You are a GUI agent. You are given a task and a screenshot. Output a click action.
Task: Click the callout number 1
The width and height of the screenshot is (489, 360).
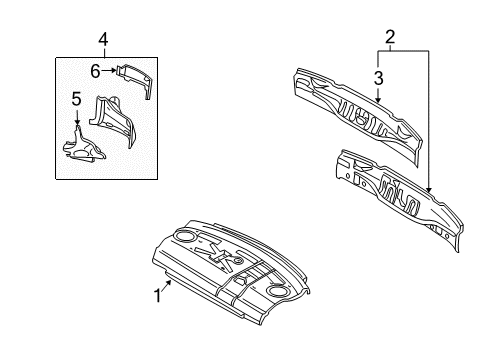[x=158, y=296]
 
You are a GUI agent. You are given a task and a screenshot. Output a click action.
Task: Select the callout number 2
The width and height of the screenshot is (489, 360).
[x=390, y=37]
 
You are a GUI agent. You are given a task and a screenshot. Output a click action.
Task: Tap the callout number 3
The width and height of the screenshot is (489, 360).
[x=378, y=78]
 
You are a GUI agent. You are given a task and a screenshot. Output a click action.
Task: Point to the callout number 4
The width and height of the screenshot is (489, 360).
[x=103, y=40]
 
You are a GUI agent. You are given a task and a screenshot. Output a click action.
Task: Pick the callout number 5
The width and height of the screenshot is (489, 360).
[x=77, y=99]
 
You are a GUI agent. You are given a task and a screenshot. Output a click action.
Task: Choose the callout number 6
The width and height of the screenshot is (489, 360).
[x=95, y=71]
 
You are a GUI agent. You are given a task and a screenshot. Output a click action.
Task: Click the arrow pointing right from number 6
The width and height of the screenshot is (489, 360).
[x=109, y=70]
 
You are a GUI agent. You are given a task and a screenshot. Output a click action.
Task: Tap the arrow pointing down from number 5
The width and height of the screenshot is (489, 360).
[x=77, y=117]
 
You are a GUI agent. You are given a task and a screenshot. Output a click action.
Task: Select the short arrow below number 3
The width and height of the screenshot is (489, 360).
[x=378, y=95]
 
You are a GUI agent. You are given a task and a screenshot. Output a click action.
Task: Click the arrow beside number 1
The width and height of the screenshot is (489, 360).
[x=167, y=285]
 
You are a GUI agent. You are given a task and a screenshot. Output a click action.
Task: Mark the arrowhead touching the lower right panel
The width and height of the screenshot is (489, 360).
[x=429, y=190]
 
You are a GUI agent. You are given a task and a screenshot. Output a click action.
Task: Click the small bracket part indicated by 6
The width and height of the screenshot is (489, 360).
[x=134, y=79]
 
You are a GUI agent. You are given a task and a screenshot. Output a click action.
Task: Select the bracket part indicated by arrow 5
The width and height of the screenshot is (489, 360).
[x=83, y=147]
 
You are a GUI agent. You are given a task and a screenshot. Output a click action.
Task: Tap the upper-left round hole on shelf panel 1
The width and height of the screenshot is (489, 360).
[x=185, y=236]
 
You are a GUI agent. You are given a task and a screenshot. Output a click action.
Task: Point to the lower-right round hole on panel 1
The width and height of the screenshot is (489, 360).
[x=278, y=291]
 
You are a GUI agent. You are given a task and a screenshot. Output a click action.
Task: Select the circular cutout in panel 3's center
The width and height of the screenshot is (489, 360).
[x=361, y=118]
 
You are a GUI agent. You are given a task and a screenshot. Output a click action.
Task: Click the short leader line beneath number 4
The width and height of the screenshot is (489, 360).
[x=104, y=53]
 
